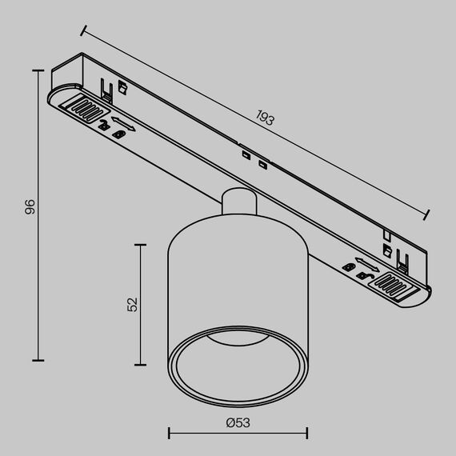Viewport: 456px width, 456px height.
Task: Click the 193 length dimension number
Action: point(265,119)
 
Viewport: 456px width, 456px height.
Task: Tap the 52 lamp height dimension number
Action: point(133,303)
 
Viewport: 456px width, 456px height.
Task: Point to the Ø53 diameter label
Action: point(238,422)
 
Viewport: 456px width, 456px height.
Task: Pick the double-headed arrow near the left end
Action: point(122,123)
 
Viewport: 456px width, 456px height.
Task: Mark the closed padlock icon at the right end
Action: point(364,277)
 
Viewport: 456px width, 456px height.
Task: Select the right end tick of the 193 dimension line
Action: point(426,214)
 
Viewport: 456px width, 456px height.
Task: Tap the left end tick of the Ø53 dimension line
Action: point(169,434)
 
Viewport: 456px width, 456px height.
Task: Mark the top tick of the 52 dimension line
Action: point(142,246)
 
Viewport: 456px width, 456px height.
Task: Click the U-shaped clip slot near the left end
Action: point(105,86)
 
